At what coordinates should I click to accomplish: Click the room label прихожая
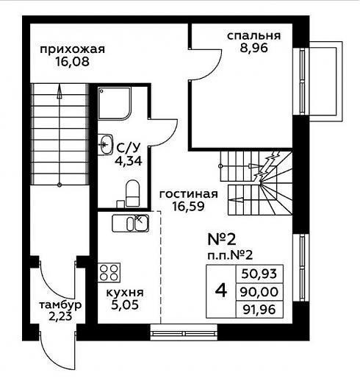click(x=72, y=50)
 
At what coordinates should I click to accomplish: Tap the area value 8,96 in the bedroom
click(x=253, y=48)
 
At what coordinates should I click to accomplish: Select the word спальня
click(x=253, y=36)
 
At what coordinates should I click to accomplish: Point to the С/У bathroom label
click(x=129, y=148)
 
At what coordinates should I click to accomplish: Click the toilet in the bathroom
click(x=132, y=193)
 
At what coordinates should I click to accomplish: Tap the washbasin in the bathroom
click(x=105, y=144)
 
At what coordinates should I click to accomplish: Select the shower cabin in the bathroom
click(x=115, y=104)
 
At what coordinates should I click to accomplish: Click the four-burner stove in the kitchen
click(x=109, y=272)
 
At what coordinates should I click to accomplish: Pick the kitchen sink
click(x=131, y=224)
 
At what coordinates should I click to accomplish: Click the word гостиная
click(x=188, y=194)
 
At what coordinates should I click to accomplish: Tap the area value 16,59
click(x=188, y=207)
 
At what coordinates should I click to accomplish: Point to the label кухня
click(x=125, y=293)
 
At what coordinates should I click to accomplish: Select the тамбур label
click(x=60, y=305)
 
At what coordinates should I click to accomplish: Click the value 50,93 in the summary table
click(x=259, y=274)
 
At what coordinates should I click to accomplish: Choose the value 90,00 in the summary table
click(x=259, y=292)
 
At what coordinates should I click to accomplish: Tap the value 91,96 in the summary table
click(x=259, y=310)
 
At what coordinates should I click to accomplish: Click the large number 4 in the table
click(x=221, y=291)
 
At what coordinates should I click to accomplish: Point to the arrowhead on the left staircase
click(x=60, y=91)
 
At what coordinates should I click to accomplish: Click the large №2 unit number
click(x=222, y=240)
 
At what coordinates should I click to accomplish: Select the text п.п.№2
click(x=230, y=256)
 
